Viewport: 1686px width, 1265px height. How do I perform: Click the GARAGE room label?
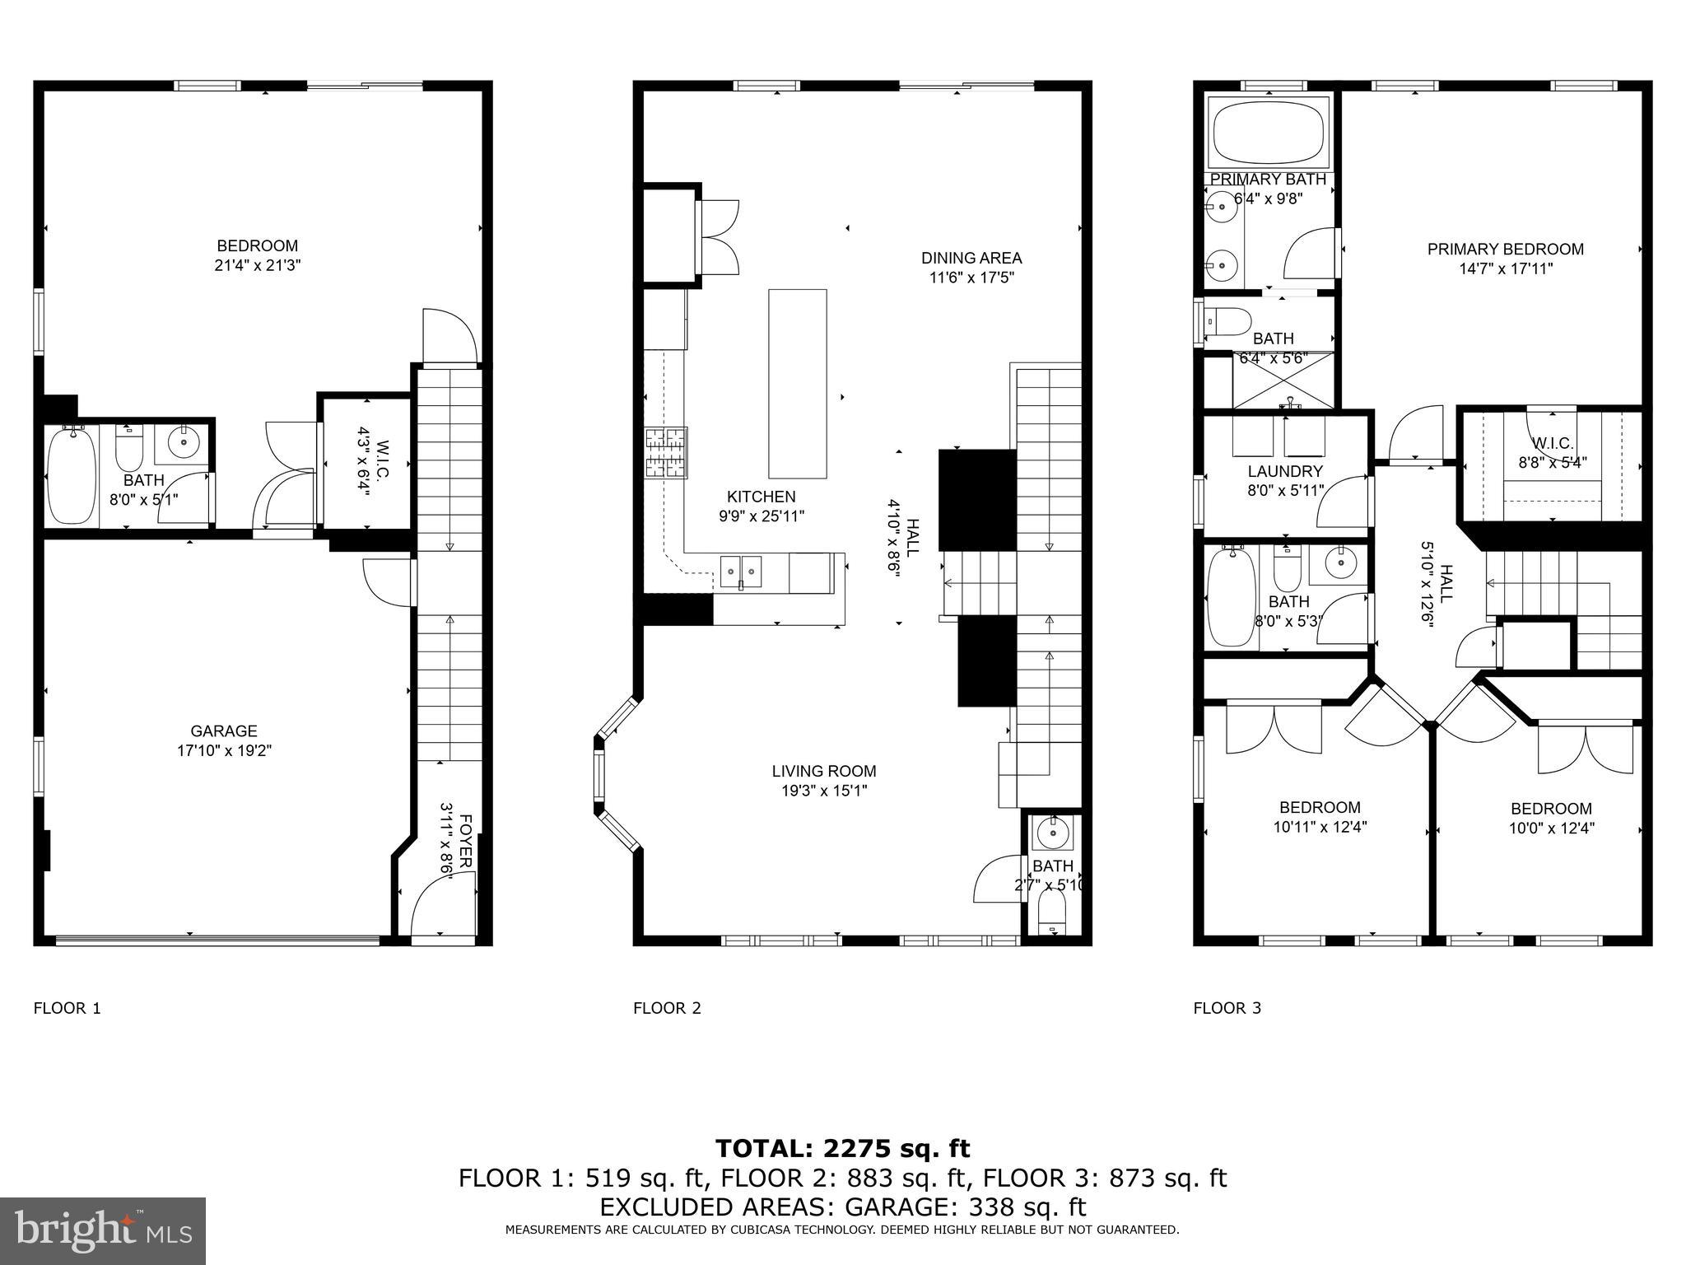[x=224, y=731]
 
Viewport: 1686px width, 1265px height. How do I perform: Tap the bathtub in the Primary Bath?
[x=1269, y=135]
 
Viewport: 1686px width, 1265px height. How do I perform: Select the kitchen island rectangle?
[x=797, y=384]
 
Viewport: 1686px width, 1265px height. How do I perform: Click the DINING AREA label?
[x=971, y=258]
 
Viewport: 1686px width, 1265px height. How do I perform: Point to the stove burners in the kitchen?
[x=666, y=453]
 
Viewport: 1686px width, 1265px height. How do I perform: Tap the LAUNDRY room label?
[x=1284, y=472]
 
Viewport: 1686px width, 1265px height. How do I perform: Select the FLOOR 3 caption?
[x=1227, y=1008]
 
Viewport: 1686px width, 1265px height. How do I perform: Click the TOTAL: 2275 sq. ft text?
[x=842, y=1148]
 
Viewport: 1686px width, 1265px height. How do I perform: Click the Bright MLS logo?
[x=103, y=1230]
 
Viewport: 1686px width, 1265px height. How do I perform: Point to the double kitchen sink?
[x=742, y=572]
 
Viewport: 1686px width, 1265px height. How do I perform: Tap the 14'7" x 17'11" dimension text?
[x=1505, y=268]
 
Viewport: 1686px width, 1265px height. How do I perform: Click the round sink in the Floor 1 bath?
[x=184, y=443]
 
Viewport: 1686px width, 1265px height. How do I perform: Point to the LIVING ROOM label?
[x=823, y=772]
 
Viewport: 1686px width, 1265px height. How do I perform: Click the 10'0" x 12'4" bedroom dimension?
[x=1551, y=829]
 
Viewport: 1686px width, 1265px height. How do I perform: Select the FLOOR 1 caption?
[x=67, y=1008]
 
